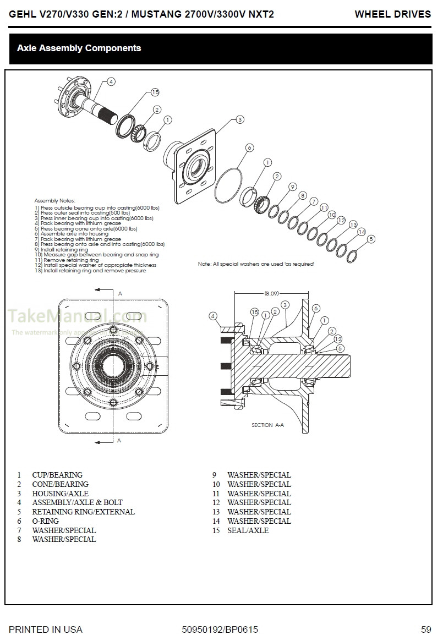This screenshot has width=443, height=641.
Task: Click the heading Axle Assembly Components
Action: click(79, 48)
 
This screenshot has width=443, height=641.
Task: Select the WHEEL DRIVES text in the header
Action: click(392, 14)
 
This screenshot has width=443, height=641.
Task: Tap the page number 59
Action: click(425, 629)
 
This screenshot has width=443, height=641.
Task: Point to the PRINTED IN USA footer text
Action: click(46, 629)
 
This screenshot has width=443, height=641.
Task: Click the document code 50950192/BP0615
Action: click(220, 629)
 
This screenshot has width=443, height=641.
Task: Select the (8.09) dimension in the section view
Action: click(271, 293)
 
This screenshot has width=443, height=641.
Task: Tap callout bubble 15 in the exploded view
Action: click(155, 92)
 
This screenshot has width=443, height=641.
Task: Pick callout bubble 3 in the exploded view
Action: click(240, 119)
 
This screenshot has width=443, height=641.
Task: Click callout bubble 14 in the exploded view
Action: click(362, 232)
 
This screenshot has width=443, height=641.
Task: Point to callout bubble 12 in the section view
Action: click(338, 339)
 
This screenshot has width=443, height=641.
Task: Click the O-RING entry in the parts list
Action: click(45, 521)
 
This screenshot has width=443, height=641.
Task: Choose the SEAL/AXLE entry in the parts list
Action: click(248, 530)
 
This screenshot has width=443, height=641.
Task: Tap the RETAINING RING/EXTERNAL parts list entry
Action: click(83, 512)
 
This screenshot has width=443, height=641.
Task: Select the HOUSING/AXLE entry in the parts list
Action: click(60, 494)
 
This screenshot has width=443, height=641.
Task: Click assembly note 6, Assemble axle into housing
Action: click(72, 234)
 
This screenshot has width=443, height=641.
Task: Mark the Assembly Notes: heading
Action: click(54, 201)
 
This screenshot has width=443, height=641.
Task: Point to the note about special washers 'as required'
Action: click(256, 264)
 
